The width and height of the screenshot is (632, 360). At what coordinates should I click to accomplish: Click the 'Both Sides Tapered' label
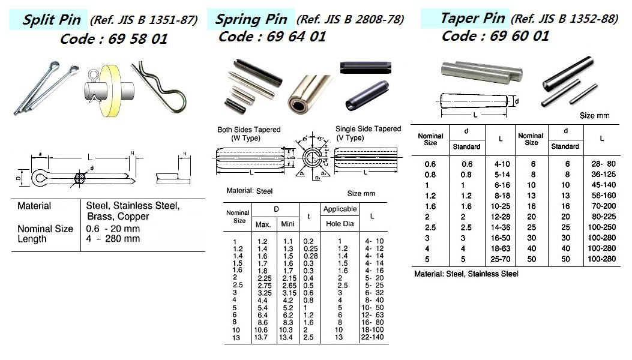pyautogui.click(x=248, y=130)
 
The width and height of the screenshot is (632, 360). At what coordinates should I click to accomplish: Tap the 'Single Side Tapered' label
pyautogui.click(x=368, y=129)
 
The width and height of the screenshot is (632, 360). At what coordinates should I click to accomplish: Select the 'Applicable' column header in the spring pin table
pyautogui.click(x=340, y=209)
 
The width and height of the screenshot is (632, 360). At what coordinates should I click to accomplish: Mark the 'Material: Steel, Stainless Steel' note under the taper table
pyautogui.click(x=466, y=274)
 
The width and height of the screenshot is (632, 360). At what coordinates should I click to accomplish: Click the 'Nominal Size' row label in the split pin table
pyautogui.click(x=46, y=229)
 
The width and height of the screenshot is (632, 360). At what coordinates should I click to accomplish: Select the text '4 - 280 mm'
pyautogui.click(x=113, y=239)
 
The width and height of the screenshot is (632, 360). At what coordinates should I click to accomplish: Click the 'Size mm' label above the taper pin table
pyautogui.click(x=595, y=115)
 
